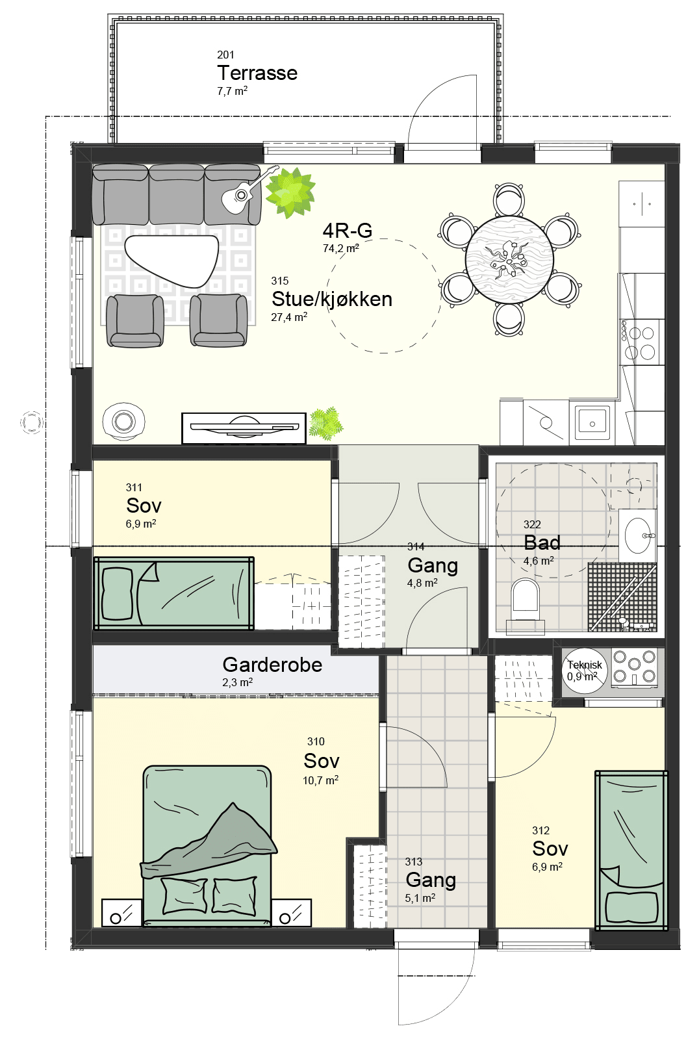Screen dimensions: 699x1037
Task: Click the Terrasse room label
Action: (257, 73)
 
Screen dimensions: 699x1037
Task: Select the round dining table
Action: (509, 261)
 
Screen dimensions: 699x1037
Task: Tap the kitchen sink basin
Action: (592, 423)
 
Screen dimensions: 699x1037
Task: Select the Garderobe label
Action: (272, 665)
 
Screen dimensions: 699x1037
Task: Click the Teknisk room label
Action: (585, 665)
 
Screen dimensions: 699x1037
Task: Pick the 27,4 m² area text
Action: (289, 317)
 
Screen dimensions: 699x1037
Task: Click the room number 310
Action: (316, 741)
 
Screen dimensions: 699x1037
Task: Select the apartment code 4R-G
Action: (347, 230)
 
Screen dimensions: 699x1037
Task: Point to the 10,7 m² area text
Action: (320, 780)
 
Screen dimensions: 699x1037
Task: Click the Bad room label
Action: (542, 543)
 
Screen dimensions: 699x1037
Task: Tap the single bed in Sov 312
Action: (631, 850)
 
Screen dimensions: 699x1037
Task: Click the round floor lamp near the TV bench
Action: (123, 421)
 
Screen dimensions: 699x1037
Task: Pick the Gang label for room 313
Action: (431, 880)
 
